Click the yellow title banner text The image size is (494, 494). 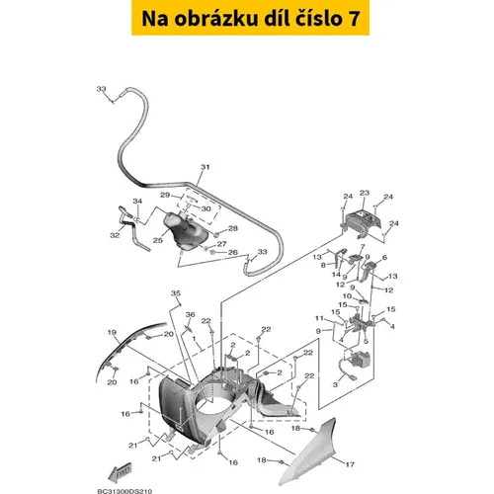[250, 18]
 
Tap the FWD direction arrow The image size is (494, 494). [120, 472]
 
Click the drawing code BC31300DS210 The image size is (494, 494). [124, 491]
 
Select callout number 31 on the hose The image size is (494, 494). [206, 167]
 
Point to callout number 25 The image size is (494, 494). [158, 240]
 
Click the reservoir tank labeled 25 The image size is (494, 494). [186, 230]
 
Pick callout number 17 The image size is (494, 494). [350, 464]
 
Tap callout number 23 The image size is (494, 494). [365, 193]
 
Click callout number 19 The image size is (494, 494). [112, 332]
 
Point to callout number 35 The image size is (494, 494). [176, 293]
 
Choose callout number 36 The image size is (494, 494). [191, 314]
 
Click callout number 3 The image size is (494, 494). [335, 384]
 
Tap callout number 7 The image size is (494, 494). [363, 247]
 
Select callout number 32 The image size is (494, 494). [115, 235]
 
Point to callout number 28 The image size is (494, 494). [233, 228]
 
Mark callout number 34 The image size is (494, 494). [137, 201]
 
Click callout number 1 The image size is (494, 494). [195, 338]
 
